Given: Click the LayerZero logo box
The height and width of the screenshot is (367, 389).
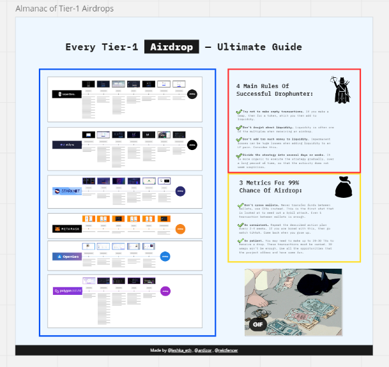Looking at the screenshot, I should [67, 94].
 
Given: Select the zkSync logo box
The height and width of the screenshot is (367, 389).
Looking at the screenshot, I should [67, 145].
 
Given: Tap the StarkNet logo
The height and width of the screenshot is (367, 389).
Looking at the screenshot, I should [67, 191].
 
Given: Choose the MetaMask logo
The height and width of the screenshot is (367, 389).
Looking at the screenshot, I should [67, 228].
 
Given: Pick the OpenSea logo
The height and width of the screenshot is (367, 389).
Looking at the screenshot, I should [67, 257].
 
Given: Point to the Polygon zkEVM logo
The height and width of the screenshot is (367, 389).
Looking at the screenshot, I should [67, 291].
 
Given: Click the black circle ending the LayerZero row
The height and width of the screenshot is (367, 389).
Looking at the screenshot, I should [192, 94].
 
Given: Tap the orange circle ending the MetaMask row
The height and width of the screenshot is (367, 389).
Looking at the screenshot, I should [181, 228].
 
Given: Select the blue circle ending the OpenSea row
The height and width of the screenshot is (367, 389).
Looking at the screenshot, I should [165, 257].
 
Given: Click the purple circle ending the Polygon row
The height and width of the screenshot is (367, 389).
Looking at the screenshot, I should [165, 291].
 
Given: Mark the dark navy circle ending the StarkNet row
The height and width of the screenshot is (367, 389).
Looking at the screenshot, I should [181, 191].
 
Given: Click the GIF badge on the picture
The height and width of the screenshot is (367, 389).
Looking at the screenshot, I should [258, 324].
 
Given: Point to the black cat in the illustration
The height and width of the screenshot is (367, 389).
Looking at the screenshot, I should [316, 284].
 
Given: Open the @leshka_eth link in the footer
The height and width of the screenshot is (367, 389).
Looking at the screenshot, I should [179, 350].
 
